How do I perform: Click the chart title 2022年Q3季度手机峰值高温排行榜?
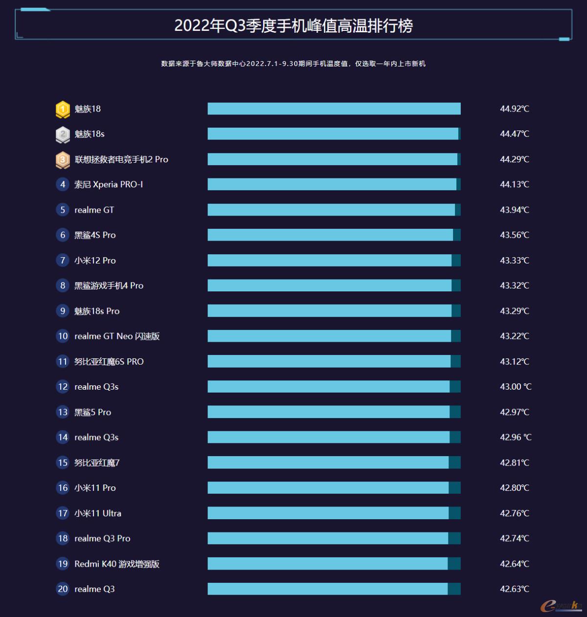coord(293,25)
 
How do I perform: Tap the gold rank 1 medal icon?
coord(63,109)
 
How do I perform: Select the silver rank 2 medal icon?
coord(63,134)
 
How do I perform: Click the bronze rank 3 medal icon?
coord(63,160)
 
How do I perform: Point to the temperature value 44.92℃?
coord(514,109)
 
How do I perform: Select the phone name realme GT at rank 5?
coord(94,210)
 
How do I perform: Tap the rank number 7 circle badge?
coord(63,260)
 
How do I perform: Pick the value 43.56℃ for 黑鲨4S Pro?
coord(514,235)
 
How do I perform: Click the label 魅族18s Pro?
coord(97,311)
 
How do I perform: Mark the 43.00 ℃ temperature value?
coord(515,387)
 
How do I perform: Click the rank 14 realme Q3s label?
coord(96,437)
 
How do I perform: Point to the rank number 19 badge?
coord(63,564)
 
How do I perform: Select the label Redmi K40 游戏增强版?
coord(117,564)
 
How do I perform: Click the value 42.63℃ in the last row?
coord(514,589)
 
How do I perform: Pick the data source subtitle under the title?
coord(293,64)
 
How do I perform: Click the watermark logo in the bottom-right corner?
coord(561,605)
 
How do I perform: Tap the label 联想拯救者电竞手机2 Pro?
coord(121,159)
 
